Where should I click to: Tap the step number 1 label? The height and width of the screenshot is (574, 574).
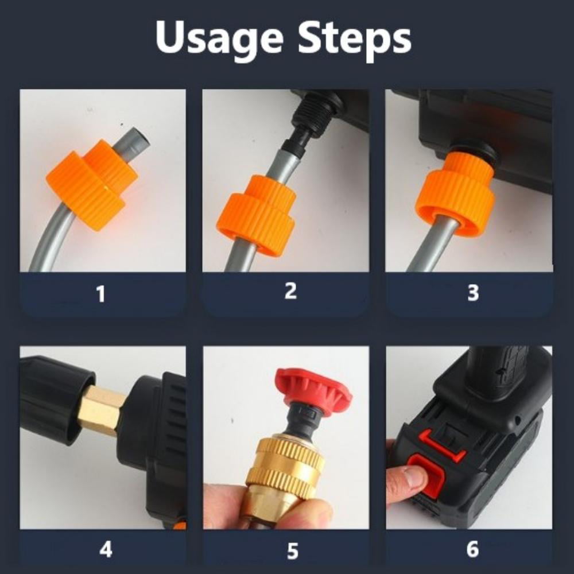point(101,294)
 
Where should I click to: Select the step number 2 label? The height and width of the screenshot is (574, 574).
point(290,291)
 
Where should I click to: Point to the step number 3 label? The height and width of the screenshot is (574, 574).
point(473,293)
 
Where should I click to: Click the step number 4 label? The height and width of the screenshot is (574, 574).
point(106,549)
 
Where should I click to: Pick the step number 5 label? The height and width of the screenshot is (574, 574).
point(292,551)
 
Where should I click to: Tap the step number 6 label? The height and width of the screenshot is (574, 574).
point(472,549)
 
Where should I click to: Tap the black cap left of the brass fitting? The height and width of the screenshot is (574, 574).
point(58,399)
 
